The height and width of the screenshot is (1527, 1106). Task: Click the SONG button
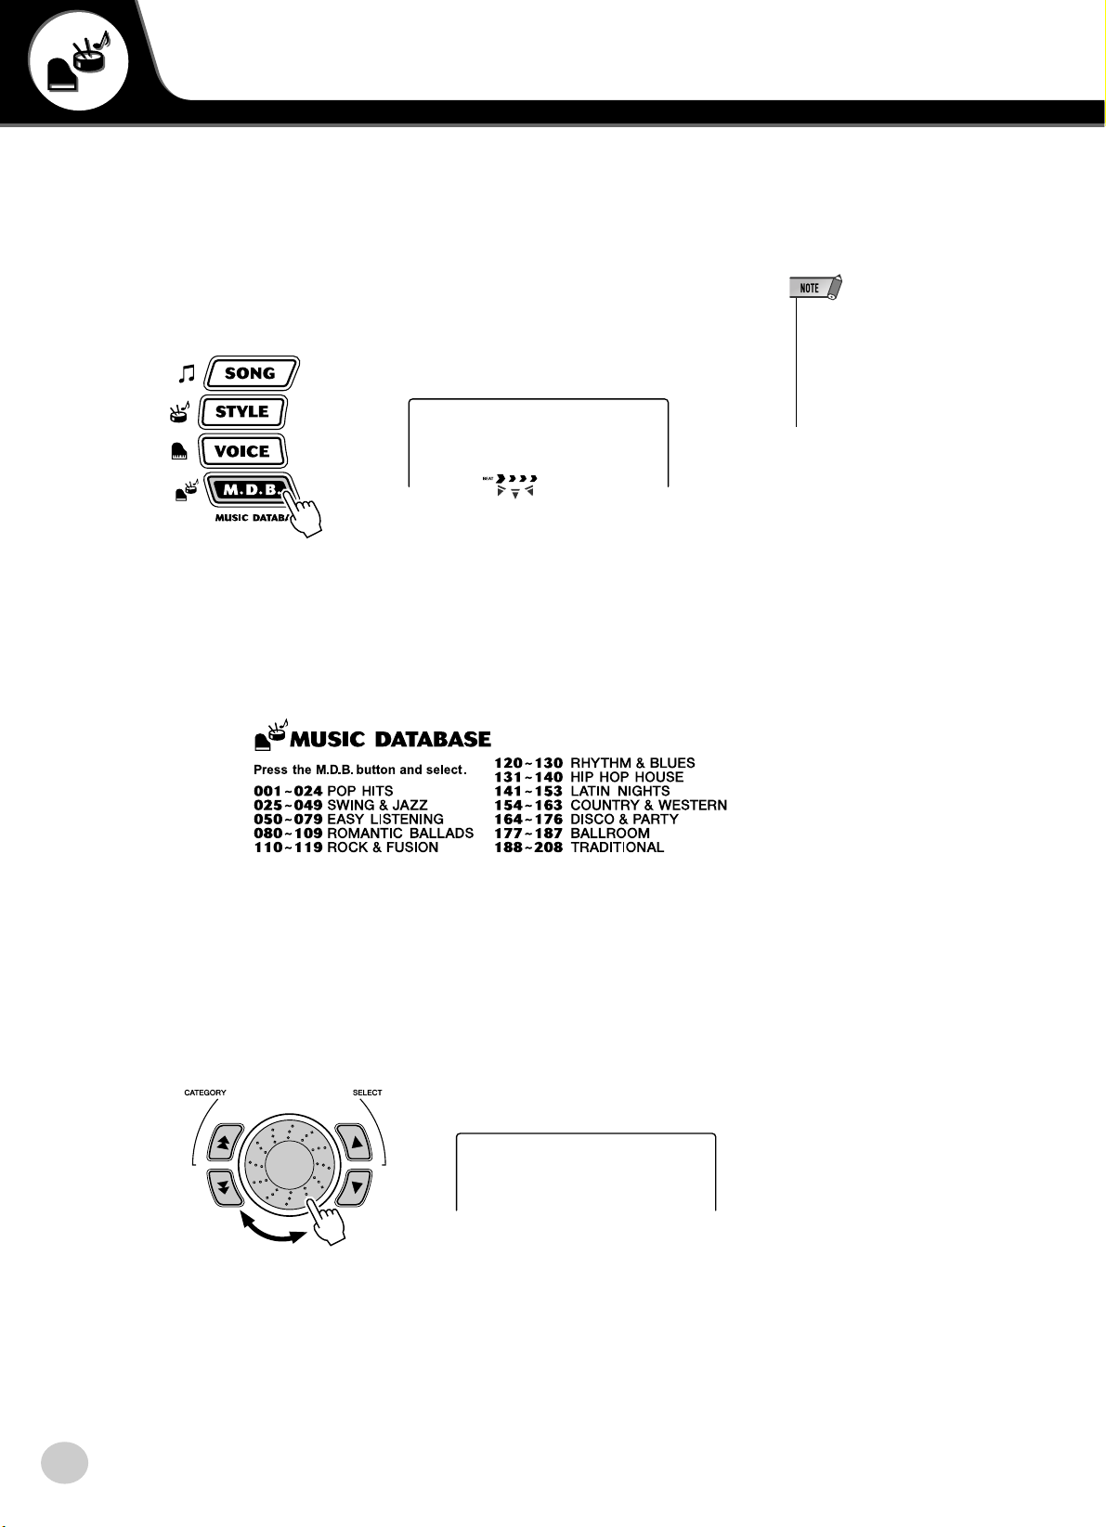point(250,373)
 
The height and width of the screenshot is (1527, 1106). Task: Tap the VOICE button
point(241,451)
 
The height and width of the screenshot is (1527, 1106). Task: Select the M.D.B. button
point(249,489)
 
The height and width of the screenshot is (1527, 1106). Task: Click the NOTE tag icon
point(814,288)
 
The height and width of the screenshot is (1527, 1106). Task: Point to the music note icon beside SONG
point(187,373)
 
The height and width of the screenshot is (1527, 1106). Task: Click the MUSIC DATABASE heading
point(390,739)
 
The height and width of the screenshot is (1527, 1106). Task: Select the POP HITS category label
point(360,791)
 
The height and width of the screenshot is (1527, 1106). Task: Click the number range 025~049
point(288,805)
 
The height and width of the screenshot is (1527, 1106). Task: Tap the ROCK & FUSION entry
point(383,847)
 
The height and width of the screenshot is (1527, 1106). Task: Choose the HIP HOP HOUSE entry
point(627,777)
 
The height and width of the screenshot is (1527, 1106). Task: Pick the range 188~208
point(528,847)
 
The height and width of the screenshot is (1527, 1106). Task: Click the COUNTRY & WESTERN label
point(648,805)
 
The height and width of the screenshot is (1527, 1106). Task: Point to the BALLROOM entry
point(609,833)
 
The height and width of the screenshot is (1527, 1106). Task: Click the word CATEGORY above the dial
point(205,1093)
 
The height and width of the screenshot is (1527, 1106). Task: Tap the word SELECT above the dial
point(367,1093)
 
